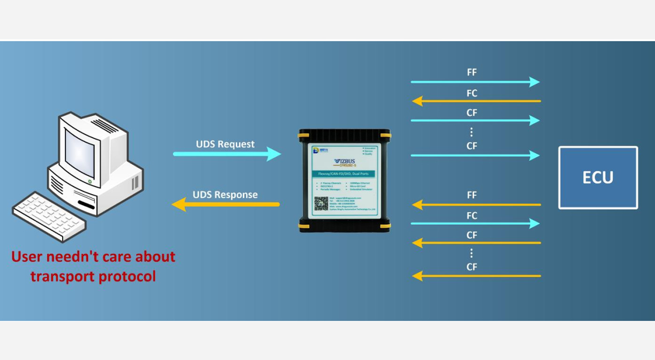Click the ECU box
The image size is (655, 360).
click(x=598, y=177)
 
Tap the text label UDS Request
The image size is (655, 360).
click(x=225, y=144)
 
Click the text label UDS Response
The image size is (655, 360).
click(x=225, y=194)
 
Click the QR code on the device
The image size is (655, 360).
click(x=321, y=204)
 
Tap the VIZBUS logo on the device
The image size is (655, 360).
click(x=345, y=162)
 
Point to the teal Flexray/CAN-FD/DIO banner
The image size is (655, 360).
click(x=344, y=174)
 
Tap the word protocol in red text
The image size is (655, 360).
click(x=127, y=276)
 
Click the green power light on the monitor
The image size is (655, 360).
click(x=89, y=181)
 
